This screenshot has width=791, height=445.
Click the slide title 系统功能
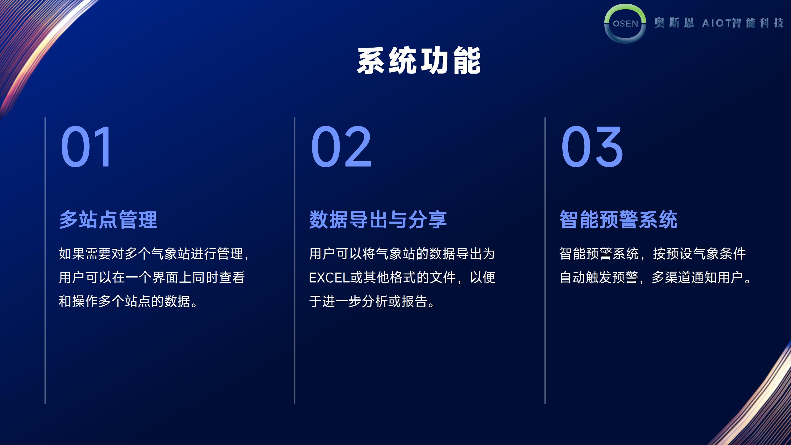pos(419,61)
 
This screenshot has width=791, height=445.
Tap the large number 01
pos(86,147)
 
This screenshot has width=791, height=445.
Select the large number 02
pos(341,147)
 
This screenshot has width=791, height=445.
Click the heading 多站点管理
pos(108,220)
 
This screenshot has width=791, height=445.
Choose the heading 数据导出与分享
pos(378,220)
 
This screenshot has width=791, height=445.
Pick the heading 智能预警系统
pos(619,220)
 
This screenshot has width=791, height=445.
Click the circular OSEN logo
pos(625,23)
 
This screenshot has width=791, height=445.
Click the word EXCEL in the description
pos(329,278)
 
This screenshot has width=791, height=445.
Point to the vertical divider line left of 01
pos(45,260)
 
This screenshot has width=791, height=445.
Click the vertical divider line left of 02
pos(295,260)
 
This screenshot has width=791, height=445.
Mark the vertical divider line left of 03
pos(545,260)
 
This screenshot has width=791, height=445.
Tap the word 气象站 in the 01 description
pos(171,254)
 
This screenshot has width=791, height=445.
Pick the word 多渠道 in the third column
pos(671,278)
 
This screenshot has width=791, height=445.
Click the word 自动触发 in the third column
pos(586,278)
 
